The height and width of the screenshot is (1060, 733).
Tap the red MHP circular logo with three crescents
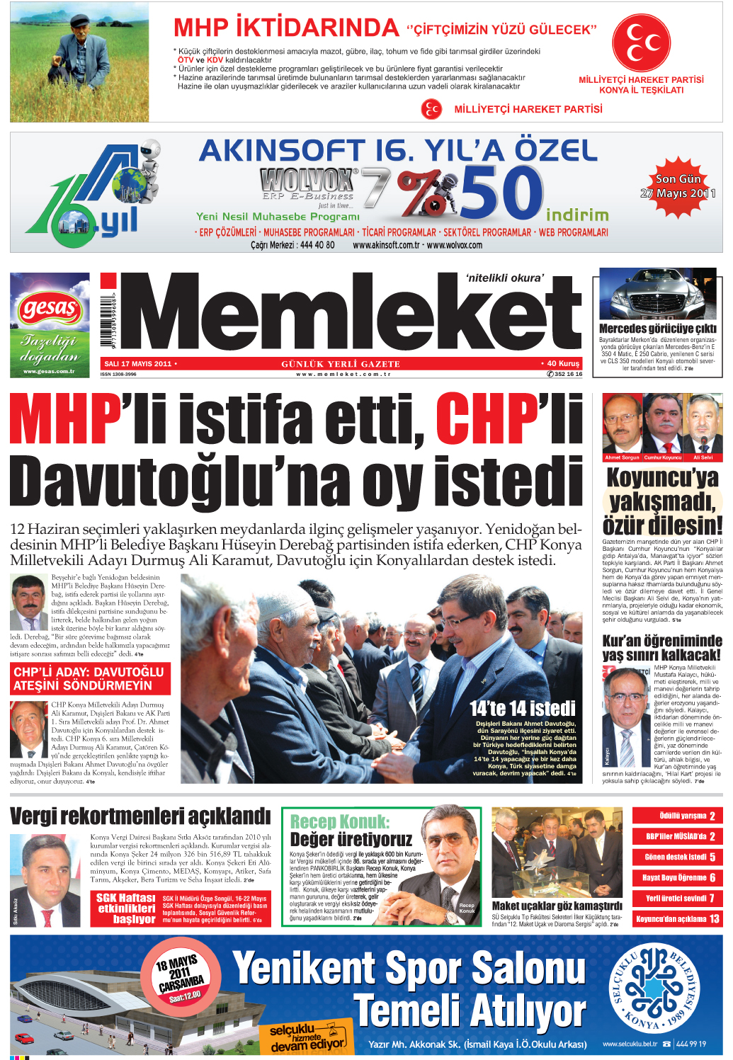tap(641, 43)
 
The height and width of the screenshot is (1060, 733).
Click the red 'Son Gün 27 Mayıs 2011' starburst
tap(678, 186)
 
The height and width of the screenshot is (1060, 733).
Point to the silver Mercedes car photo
tap(658, 295)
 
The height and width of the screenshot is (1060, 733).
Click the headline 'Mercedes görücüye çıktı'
tap(658, 329)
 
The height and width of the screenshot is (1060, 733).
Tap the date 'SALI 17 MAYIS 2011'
tap(138, 364)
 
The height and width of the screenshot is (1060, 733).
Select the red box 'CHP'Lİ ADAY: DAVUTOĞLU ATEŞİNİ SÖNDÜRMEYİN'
tap(89, 678)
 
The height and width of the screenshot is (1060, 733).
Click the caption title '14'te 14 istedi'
tap(523, 708)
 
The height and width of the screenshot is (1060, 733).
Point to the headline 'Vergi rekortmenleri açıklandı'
tap(140, 816)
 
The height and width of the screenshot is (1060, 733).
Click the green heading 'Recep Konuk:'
tap(340, 821)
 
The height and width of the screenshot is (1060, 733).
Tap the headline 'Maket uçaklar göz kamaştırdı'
tap(557, 906)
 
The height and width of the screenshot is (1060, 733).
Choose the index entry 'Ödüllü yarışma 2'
tap(677, 816)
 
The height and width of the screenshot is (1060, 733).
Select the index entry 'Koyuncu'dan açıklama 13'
tap(677, 918)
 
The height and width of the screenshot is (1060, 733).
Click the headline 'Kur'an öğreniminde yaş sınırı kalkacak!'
tap(661, 647)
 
